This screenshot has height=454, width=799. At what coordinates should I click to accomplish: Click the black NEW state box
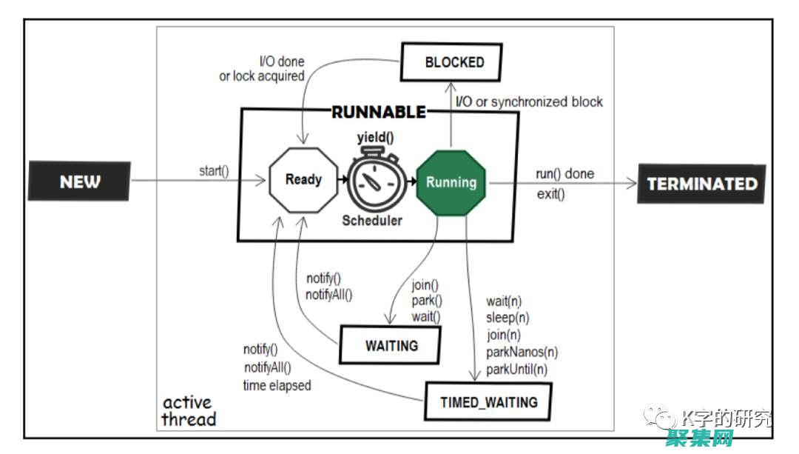click(x=79, y=182)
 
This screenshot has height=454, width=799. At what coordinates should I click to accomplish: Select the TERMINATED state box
click(x=702, y=184)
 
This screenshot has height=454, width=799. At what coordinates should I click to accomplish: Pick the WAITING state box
click(x=391, y=345)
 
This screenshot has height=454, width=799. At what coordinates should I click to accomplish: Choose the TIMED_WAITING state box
click(x=489, y=403)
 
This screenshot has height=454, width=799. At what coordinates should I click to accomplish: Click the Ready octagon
click(x=303, y=179)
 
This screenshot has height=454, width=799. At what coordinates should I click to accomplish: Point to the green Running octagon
click(x=451, y=182)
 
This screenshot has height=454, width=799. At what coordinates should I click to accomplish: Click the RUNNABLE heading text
click(x=379, y=113)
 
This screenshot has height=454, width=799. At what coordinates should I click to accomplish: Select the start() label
click(x=214, y=171)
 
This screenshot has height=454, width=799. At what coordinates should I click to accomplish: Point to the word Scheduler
click(x=372, y=220)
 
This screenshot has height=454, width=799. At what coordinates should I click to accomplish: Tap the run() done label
click(x=564, y=174)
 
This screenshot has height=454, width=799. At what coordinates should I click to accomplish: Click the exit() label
click(x=550, y=195)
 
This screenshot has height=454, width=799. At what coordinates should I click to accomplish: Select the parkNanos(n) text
click(x=522, y=352)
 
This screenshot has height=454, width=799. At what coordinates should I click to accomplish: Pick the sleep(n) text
click(x=508, y=318)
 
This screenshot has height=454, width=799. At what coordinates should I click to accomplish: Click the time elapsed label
click(x=277, y=385)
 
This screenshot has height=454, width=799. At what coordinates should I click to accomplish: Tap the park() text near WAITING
click(x=427, y=301)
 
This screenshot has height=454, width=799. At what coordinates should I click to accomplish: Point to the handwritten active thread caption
click(x=189, y=411)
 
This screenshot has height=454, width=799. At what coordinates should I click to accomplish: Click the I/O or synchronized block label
click(x=529, y=102)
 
